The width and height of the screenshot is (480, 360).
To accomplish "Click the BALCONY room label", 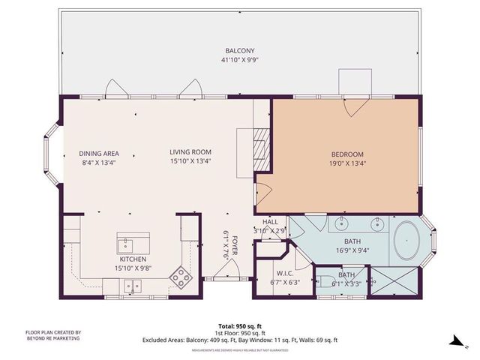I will [x=240, y=51].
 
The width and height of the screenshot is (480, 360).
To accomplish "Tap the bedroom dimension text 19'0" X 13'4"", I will [x=346, y=163].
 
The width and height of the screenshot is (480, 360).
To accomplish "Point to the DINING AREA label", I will [x=100, y=153].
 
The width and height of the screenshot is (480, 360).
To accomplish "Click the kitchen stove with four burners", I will [x=181, y=277].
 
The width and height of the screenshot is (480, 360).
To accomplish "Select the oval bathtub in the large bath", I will [x=408, y=241].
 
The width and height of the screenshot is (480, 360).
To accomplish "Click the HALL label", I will [x=270, y=222].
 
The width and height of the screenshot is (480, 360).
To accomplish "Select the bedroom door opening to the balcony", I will [x=350, y=105].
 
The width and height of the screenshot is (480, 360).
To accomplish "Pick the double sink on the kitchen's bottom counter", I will [x=134, y=285].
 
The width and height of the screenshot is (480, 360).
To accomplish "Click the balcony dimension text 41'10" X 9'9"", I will [x=240, y=59].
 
